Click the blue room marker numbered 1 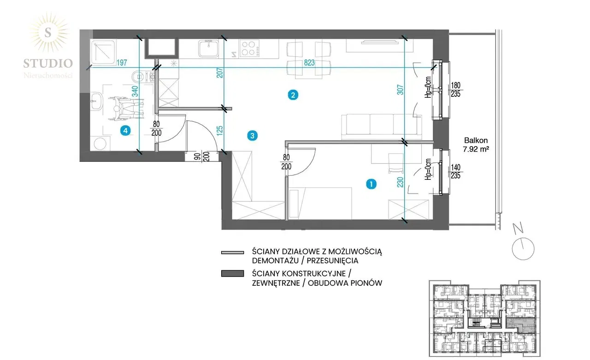tap(371, 184)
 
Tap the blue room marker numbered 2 tap(293, 95)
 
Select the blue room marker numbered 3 tap(252, 136)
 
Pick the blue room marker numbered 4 tap(125, 130)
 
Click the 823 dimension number tap(309, 63)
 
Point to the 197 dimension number tap(122, 63)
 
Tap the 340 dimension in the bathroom tap(135, 91)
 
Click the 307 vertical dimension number tap(400, 90)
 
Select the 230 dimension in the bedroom tap(400, 182)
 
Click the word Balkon tap(476, 141)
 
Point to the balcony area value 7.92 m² tap(476, 149)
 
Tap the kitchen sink tap(208, 48)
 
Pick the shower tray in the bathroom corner tap(103, 53)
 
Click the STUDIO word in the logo tap(48, 64)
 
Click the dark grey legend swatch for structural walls tap(233, 273)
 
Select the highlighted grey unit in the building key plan tap(521, 325)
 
